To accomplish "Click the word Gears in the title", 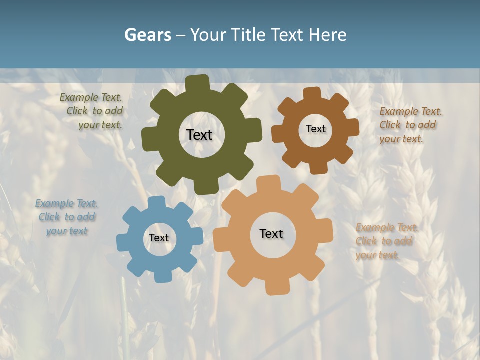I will [x=148, y=35].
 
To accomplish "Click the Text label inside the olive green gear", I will [x=199, y=135].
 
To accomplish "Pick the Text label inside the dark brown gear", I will [x=315, y=129].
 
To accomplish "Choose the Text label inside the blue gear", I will [x=159, y=238].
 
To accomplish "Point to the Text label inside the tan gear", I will [x=271, y=233].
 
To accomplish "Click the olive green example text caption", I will [x=93, y=111].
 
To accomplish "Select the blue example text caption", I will [x=66, y=217].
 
